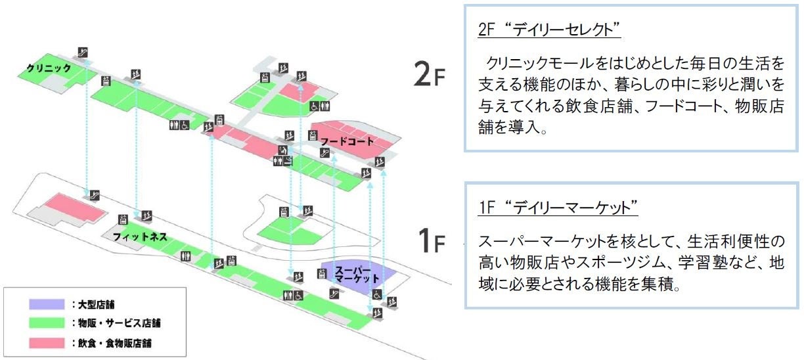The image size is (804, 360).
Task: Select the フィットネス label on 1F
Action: click(140, 236)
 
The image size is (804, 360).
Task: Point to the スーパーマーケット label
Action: click(353, 275)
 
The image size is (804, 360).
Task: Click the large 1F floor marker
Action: click(431, 241)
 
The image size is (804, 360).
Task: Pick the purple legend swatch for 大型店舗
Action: click(45, 304)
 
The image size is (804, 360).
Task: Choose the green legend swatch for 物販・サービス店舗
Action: click(45, 323)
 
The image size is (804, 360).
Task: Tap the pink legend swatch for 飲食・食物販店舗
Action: click(45, 342)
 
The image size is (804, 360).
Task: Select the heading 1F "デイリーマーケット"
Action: click(558, 208)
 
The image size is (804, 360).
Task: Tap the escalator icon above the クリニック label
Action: click(83, 52)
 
